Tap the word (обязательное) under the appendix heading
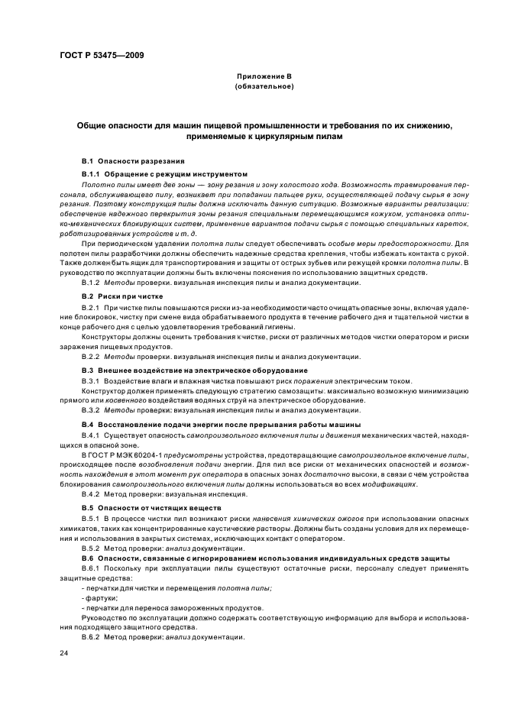[x=252, y=86]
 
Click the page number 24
[x=64, y=653]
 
